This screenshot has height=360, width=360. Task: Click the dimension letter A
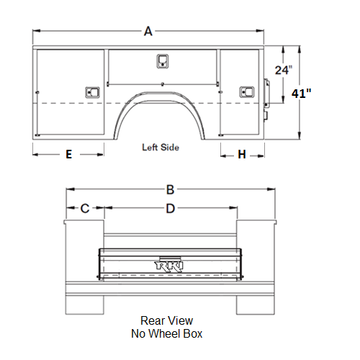click(148, 31)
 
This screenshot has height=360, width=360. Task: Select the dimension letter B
click(170, 189)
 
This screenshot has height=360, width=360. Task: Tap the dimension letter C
click(85, 208)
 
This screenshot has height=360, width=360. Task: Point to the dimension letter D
click(171, 209)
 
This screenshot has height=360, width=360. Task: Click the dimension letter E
click(69, 154)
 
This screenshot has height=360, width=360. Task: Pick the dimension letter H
click(242, 154)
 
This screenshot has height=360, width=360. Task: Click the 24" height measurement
click(284, 70)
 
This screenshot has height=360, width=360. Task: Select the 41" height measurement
click(302, 94)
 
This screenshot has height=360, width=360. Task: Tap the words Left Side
click(161, 148)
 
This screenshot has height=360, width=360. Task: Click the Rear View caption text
click(166, 320)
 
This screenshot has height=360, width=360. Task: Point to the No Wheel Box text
click(166, 333)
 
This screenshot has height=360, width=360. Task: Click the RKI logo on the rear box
click(169, 266)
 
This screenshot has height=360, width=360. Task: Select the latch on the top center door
click(163, 61)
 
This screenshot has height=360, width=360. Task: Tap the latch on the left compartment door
click(92, 92)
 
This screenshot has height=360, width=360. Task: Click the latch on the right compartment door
click(247, 92)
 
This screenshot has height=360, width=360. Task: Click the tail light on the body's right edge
click(266, 93)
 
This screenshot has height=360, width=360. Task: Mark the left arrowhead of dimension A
click(36, 31)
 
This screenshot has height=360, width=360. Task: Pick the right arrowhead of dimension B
click(271, 189)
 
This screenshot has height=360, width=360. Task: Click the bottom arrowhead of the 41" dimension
click(300, 135)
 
